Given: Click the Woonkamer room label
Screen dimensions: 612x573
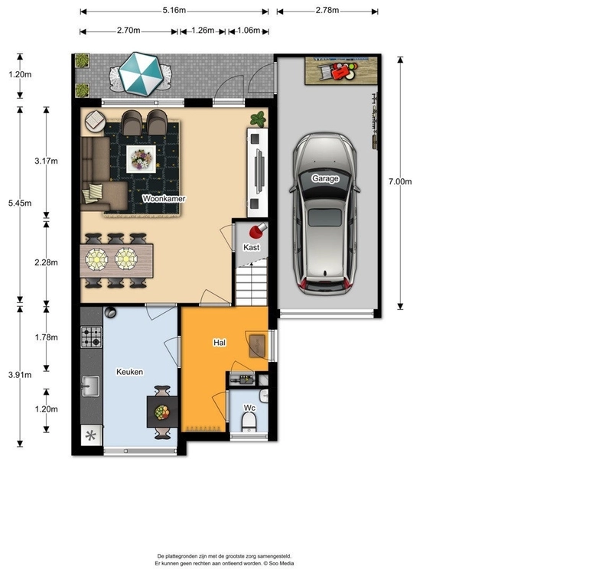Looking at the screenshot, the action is coord(164,198).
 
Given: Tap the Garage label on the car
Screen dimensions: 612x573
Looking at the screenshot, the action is coord(324,178).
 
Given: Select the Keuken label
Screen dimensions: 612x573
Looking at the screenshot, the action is coord(129,372).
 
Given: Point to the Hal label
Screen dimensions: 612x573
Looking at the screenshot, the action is coord(220,342).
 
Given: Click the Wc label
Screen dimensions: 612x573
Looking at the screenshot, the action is coord(249,408).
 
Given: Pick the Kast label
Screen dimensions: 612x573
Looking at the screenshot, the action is coord(251,247).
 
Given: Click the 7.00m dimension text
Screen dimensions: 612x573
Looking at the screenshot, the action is coord(400,181).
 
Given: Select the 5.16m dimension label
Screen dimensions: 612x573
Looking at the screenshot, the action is coord(174,10).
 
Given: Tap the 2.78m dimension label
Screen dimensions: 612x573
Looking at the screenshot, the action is coord(327,10).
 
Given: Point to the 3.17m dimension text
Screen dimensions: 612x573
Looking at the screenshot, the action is coord(46,161).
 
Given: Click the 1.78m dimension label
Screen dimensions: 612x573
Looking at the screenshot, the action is coord(46,337).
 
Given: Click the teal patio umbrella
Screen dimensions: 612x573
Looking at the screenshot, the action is coord(141,74).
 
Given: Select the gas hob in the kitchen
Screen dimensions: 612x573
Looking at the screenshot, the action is coord(91,337).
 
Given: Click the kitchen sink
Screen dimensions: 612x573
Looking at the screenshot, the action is coord(90,386).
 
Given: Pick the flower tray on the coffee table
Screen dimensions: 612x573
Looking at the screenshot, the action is coord(141,159).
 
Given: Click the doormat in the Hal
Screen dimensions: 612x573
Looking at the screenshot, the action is coord(257,346).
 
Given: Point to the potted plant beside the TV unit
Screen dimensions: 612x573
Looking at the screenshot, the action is coord(259,119).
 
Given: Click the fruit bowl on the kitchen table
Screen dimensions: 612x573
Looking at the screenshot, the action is coord(162,412).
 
